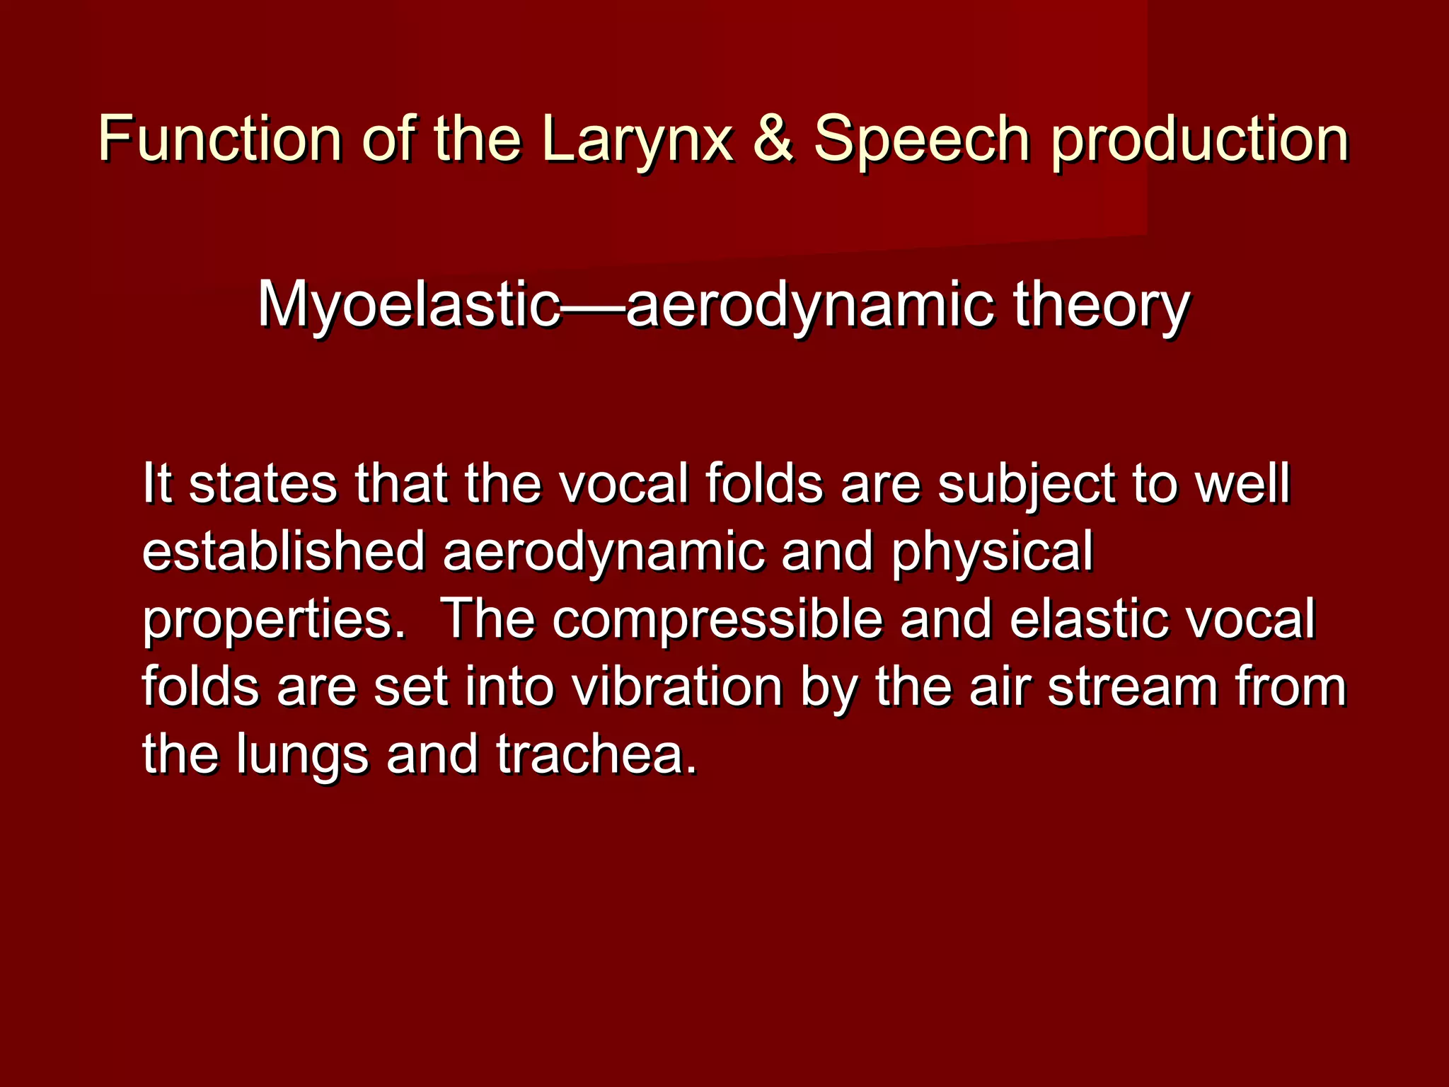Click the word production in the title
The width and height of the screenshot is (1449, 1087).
(x=1200, y=139)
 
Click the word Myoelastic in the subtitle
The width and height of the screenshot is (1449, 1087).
(x=408, y=306)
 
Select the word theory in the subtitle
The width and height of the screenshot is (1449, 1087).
(x=1102, y=306)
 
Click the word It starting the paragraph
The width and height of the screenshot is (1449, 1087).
(x=156, y=483)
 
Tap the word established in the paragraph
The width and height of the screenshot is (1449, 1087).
(x=283, y=551)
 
